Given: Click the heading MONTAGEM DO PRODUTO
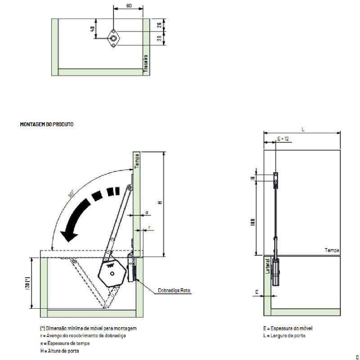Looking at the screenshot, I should point(47,124).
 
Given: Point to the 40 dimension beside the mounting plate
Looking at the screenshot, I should point(92,29).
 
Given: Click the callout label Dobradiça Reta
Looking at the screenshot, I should point(175,291).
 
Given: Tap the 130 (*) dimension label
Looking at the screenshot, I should point(27,282).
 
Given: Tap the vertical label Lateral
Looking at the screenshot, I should point(268,265).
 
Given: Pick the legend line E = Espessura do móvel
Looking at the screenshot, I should point(288,328).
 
